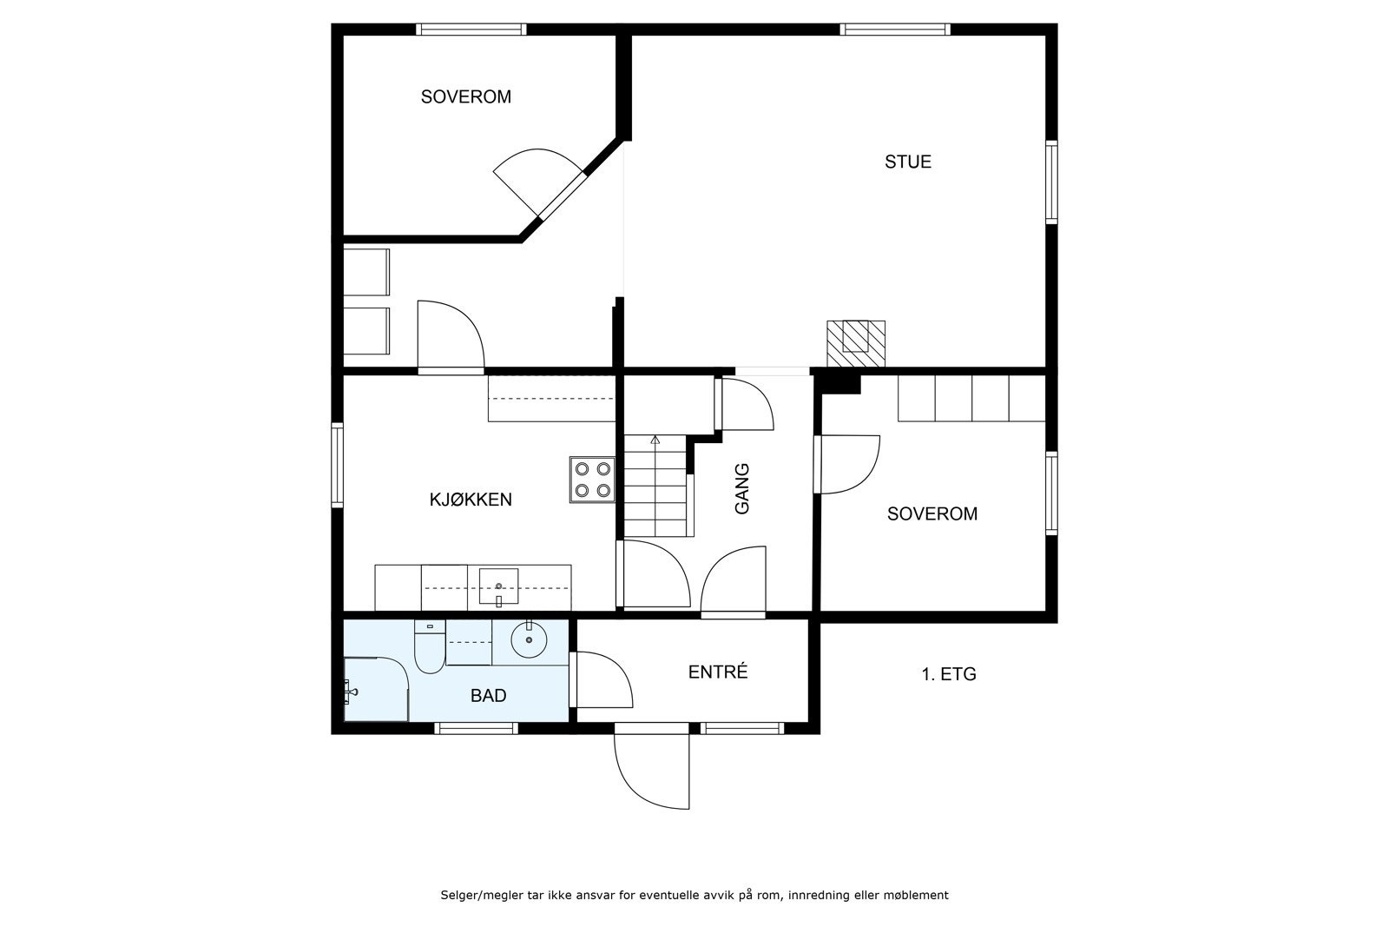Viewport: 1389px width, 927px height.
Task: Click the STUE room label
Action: [908, 162]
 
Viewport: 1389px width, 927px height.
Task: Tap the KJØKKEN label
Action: [471, 500]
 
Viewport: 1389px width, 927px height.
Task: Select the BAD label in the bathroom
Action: [489, 696]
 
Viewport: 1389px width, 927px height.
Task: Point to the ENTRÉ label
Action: [718, 672]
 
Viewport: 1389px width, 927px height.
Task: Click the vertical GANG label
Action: [742, 489]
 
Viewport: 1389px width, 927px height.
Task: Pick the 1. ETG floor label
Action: [949, 674]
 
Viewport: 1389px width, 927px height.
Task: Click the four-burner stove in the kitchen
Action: [592, 479]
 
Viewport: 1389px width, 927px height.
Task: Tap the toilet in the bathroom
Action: [430, 646]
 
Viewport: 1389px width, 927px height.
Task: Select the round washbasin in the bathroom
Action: [529, 639]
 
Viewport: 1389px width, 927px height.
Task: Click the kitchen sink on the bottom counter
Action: [498, 586]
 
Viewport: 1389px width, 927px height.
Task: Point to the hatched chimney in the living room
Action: [856, 343]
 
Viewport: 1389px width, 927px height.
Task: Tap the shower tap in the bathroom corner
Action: [351, 691]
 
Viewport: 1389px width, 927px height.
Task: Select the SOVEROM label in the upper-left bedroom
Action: [465, 96]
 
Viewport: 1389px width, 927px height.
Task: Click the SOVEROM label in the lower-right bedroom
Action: [932, 513]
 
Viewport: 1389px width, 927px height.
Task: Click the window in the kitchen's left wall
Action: [338, 466]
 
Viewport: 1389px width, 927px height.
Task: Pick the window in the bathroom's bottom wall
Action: [477, 728]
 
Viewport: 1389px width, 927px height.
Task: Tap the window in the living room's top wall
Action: [895, 30]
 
